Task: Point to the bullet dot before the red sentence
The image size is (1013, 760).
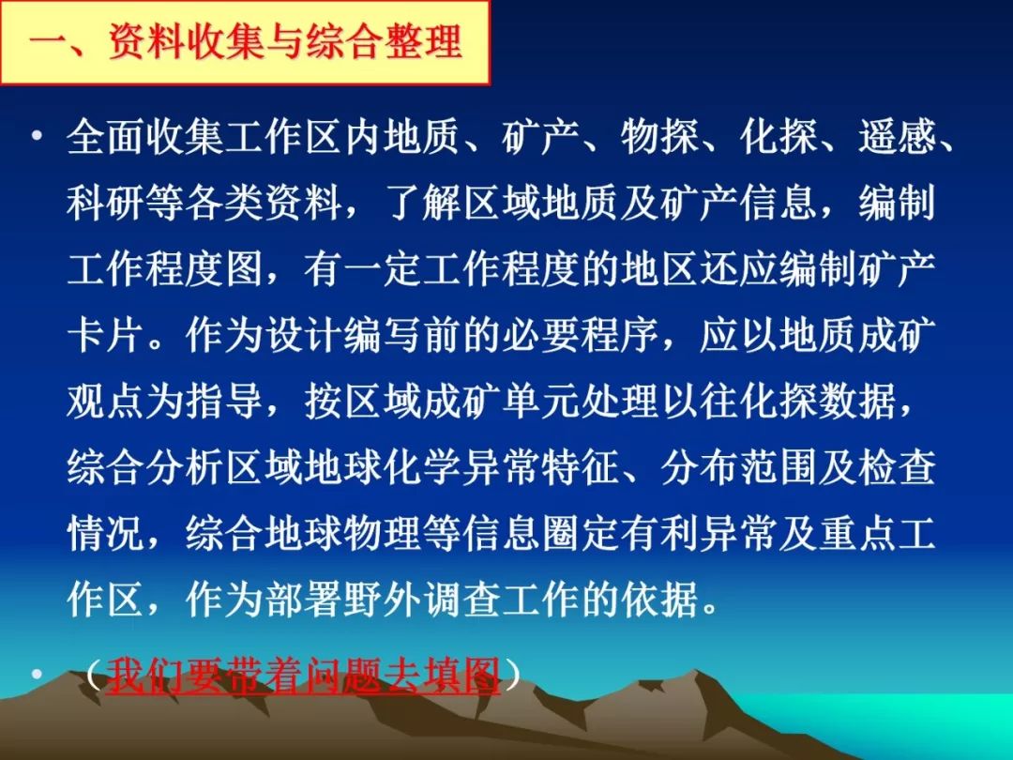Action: tap(38, 674)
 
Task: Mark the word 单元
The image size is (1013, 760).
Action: tap(541, 402)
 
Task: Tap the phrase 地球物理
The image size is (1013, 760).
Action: tap(343, 534)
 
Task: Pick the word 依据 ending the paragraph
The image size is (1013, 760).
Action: tap(659, 600)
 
